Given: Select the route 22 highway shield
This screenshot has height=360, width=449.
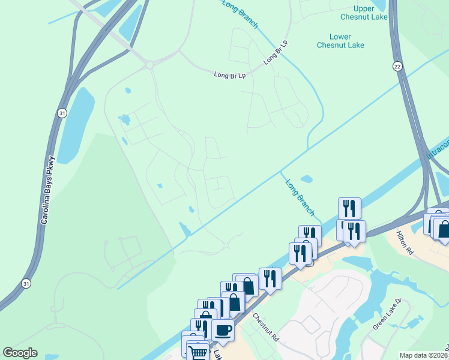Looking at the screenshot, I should pyautogui.click(x=397, y=66).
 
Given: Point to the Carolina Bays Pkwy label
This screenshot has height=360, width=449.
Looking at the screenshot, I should pyautogui.click(x=48, y=190).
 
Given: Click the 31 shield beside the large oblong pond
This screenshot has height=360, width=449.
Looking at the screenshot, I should pyautogui.click(x=62, y=112).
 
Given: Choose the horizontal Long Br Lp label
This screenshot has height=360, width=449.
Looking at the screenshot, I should pyautogui.click(x=230, y=75).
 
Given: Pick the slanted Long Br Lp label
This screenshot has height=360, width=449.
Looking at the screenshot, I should pyautogui.click(x=276, y=53).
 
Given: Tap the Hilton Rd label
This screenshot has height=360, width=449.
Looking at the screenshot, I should pyautogui.click(x=405, y=242).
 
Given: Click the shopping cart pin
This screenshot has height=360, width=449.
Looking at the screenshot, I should pyautogui.click(x=198, y=351).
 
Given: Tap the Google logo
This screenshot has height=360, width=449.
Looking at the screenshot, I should pyautogui.click(x=20, y=353).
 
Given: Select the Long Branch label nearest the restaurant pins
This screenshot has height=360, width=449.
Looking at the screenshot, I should pyautogui.click(x=300, y=197).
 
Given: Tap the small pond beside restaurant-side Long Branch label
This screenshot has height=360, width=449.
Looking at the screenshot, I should pyautogui.click(x=306, y=179).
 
